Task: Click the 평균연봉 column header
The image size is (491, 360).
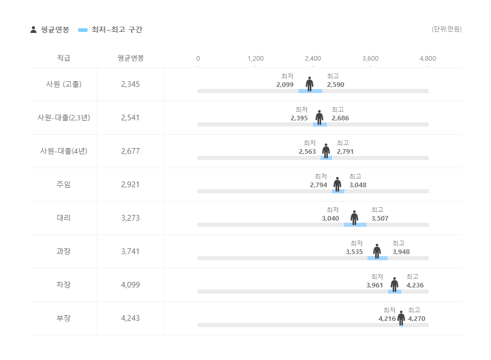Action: coord(130,58)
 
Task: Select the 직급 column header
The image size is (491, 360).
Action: coord(63,58)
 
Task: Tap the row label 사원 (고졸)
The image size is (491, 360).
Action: coord(63,84)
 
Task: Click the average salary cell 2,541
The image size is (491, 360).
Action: coord(130,117)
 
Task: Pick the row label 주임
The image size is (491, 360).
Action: coord(63,184)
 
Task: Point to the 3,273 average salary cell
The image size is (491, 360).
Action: coord(130,218)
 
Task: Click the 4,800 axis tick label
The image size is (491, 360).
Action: coord(427,58)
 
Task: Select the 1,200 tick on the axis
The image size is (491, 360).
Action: coord(255,58)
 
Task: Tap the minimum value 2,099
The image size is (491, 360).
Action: coord(285,84)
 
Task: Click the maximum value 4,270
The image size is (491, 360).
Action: coord(416,318)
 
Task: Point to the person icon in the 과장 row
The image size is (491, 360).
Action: coord(377,251)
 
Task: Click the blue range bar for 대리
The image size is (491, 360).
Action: coord(355,225)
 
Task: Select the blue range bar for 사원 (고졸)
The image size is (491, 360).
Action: coord(310,91)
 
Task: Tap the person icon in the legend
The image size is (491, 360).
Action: coord(33,30)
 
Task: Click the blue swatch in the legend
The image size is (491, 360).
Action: coord(83,30)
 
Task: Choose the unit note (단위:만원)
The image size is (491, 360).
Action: coord(446,29)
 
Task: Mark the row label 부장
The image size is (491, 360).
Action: coord(63,318)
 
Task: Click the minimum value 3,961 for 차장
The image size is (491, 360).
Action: coord(375,285)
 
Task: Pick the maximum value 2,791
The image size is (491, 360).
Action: coord(345,151)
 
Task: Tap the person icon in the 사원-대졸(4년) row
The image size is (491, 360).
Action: coord(326,151)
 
